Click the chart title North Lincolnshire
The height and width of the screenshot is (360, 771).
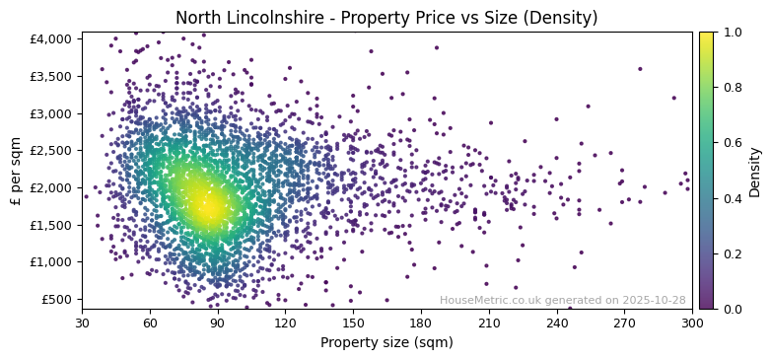pyautogui.click(x=386, y=18)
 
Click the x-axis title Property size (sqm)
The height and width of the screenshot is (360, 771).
pyautogui.click(x=386, y=343)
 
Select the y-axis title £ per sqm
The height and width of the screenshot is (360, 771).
pyautogui.click(x=16, y=170)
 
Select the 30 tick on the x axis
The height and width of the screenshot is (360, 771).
pyautogui.click(x=82, y=323)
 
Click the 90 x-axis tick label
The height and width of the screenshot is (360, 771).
pyautogui.click(x=218, y=323)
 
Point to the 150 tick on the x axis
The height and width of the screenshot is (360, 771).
pyautogui.click(x=353, y=323)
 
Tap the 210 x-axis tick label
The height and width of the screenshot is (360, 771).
pyautogui.click(x=489, y=323)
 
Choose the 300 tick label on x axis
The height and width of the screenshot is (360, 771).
pyautogui.click(x=692, y=323)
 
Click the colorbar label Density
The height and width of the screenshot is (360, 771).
pyautogui.click(x=755, y=171)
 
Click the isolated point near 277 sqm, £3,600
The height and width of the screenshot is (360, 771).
pyautogui.click(x=640, y=69)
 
